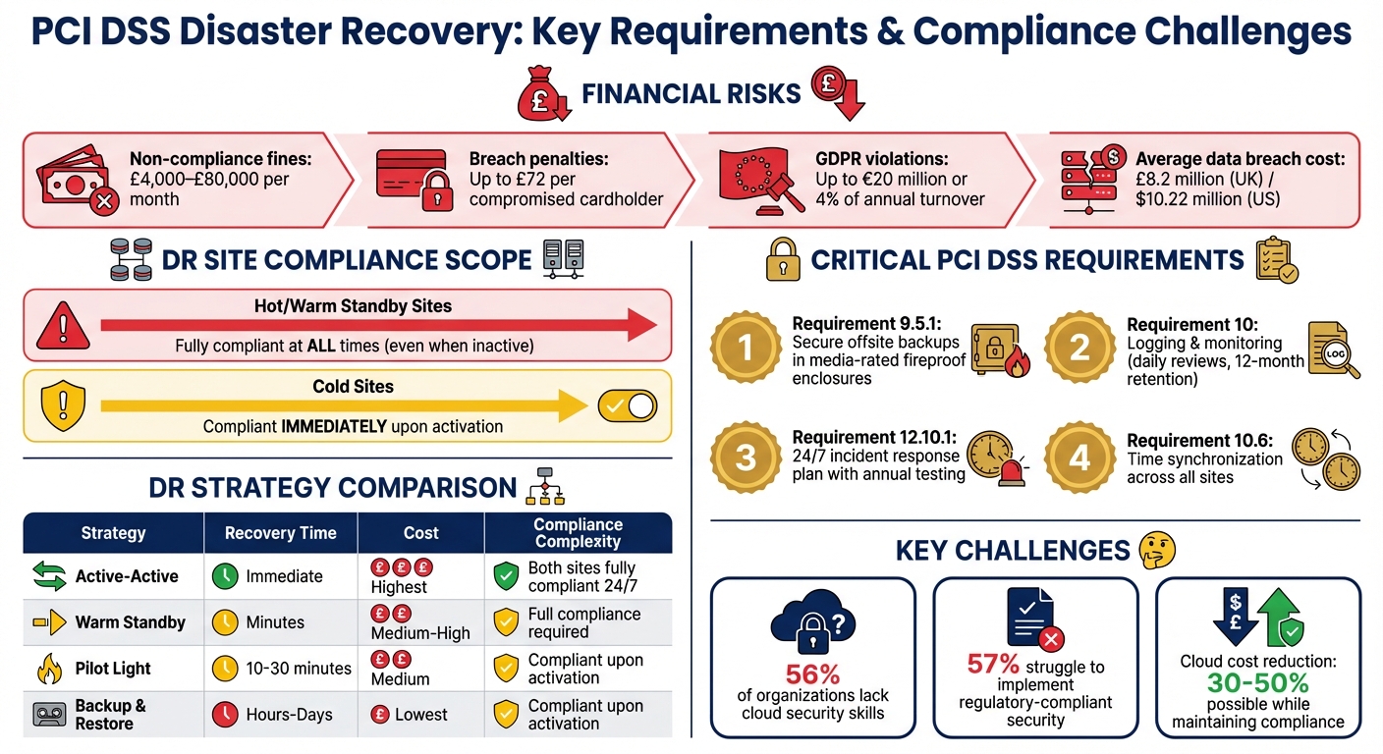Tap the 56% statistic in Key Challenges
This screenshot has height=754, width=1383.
point(812,674)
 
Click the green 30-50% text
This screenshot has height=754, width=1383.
point(1257,682)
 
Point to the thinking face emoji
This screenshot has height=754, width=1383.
point(1156,550)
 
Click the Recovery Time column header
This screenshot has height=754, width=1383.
point(280,533)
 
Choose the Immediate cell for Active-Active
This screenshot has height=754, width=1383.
point(284,576)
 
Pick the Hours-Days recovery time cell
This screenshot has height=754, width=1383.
point(289,715)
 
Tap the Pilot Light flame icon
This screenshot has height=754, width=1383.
point(48,669)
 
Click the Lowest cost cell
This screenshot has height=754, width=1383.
point(420,715)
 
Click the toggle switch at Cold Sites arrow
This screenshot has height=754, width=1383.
point(628,406)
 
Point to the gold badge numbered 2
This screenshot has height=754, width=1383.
point(1079,346)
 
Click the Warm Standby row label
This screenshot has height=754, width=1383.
point(130,622)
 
